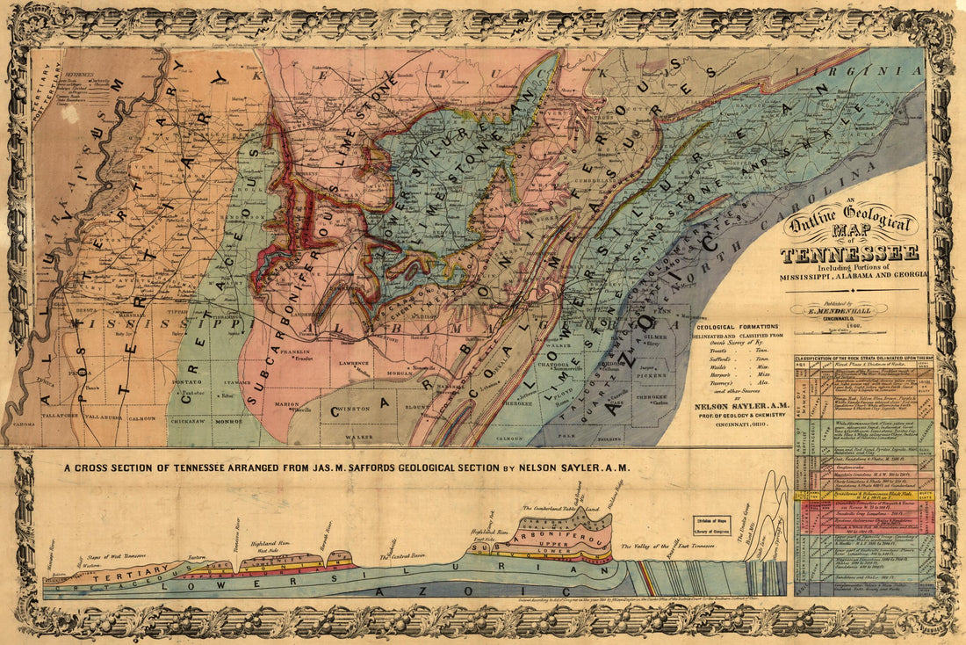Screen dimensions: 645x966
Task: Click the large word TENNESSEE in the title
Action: [849, 254]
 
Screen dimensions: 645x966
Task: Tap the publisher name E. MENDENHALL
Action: [837, 310]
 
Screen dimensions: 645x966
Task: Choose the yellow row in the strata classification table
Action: [865, 496]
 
